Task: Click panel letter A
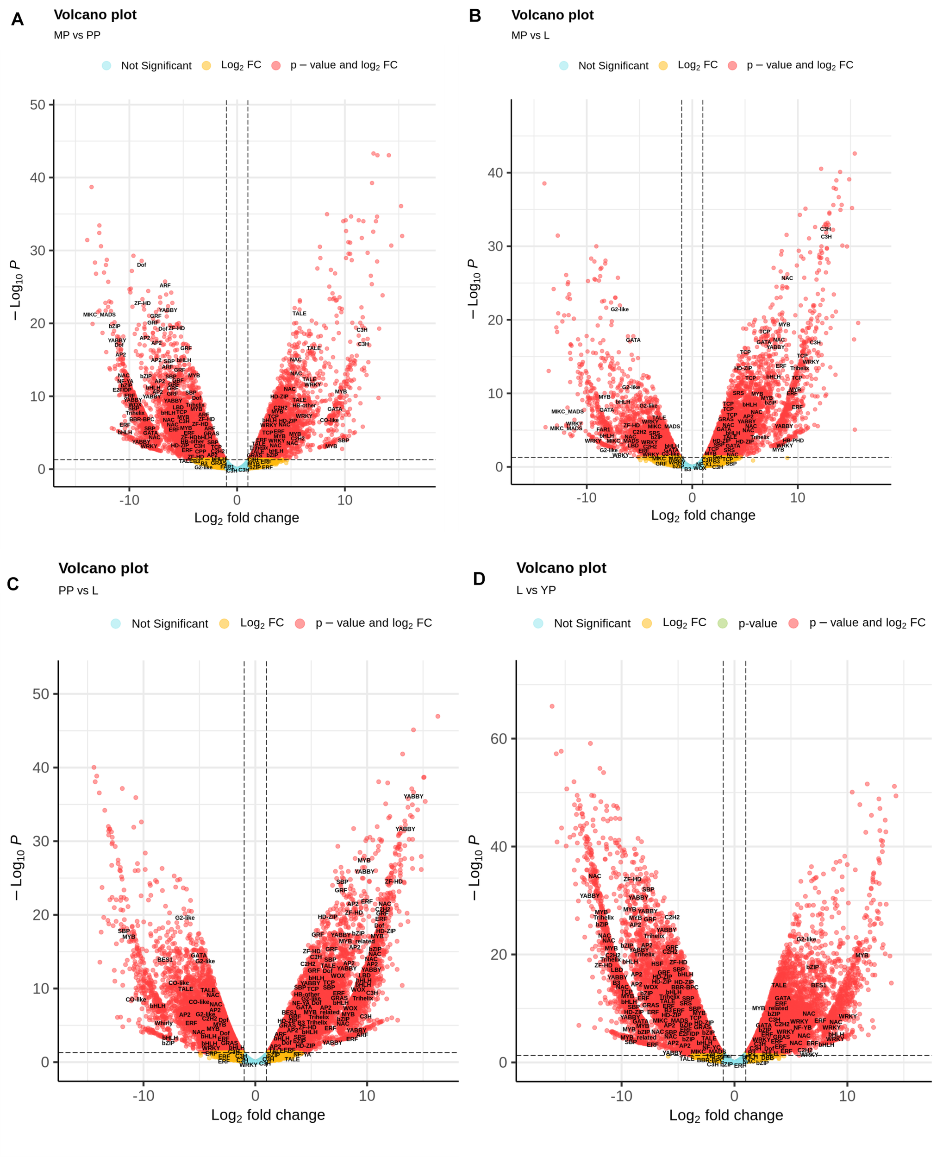(x=18, y=19)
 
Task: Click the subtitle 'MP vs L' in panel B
(x=530, y=35)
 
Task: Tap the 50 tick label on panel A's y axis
(x=37, y=105)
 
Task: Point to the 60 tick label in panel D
(x=499, y=739)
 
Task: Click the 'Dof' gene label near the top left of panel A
(x=141, y=265)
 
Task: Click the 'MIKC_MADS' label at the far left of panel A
(x=100, y=315)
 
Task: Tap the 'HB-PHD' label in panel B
(x=793, y=441)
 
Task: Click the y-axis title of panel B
(x=473, y=289)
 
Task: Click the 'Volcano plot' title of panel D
(x=561, y=568)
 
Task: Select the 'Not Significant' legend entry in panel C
(x=169, y=624)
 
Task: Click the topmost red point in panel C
(x=438, y=716)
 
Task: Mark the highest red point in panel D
(x=552, y=706)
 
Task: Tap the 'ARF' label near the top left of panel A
(x=165, y=285)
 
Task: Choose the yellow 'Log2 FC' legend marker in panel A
(x=206, y=66)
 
